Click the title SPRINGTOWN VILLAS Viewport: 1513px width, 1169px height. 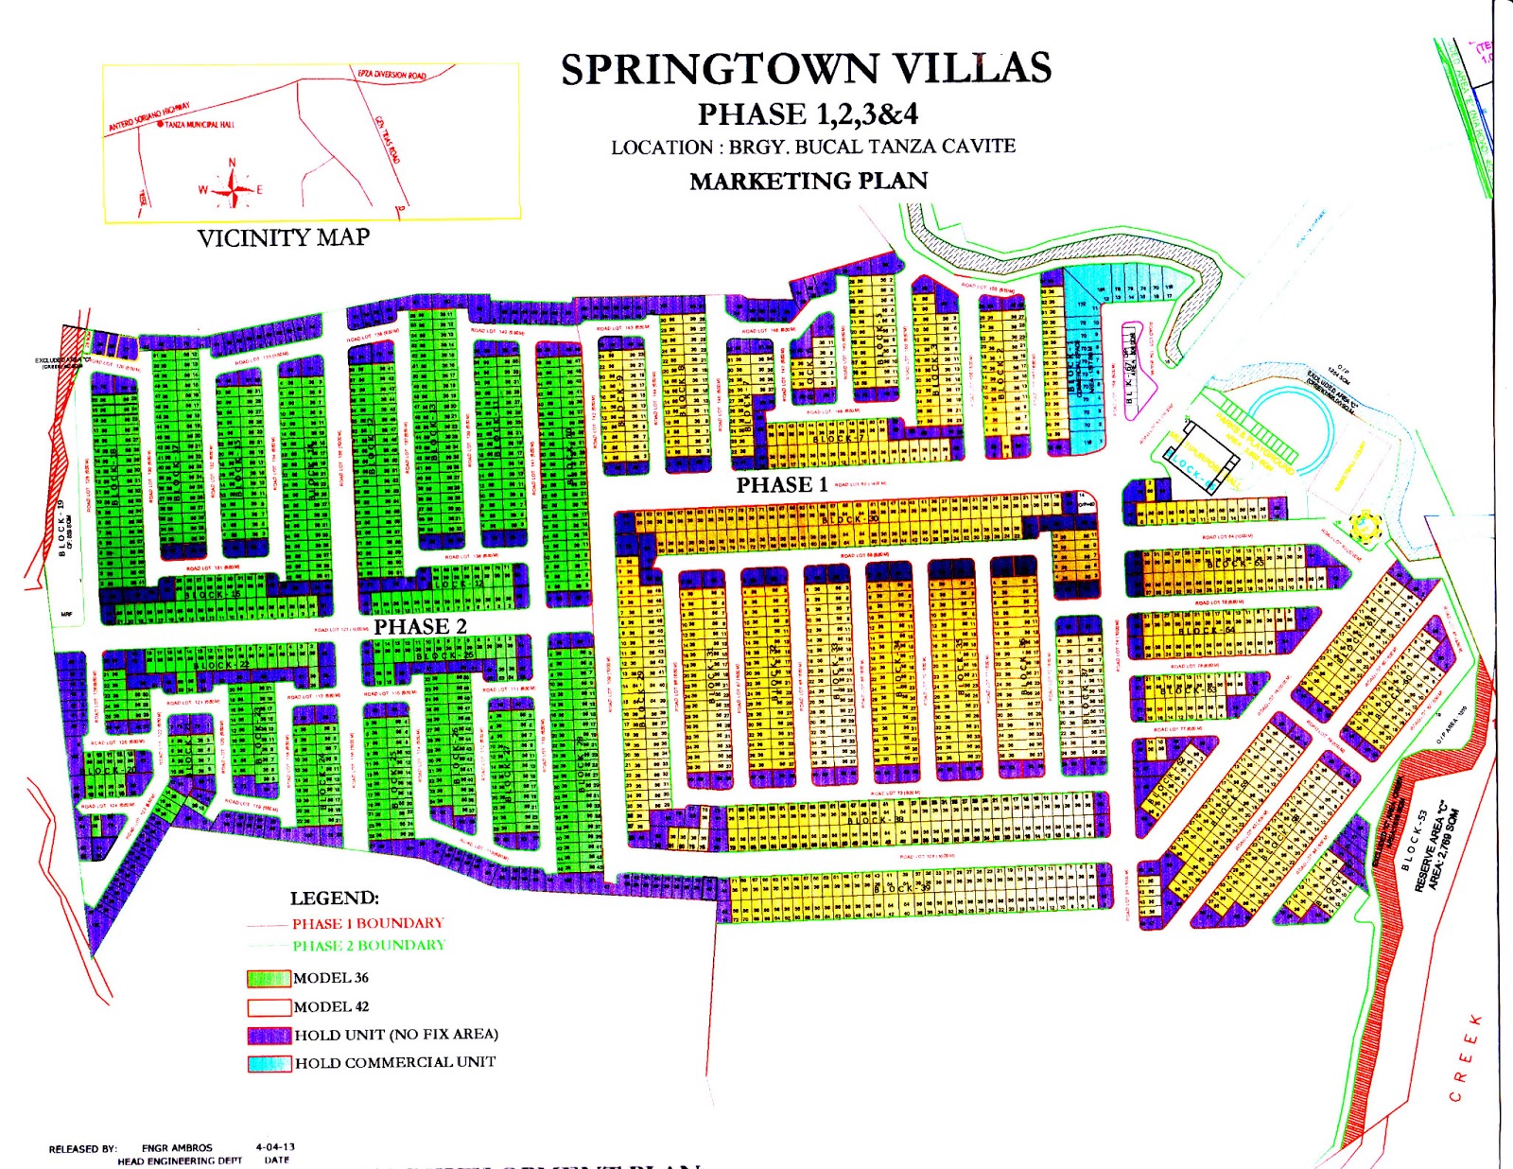806,69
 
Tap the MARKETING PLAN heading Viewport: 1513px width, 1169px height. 809,181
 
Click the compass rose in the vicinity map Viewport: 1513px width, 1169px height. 232,187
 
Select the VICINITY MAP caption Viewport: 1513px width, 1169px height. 283,237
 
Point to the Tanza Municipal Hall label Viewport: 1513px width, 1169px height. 199,125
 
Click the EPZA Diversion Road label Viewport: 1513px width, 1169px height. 391,75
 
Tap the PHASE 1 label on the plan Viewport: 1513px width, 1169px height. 782,485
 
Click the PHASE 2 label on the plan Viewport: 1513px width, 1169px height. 420,627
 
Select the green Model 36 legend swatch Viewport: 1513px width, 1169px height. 269,978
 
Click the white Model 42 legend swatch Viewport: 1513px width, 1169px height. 269,1007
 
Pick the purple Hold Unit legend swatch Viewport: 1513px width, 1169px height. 269,1035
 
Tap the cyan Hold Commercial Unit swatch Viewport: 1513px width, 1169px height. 269,1063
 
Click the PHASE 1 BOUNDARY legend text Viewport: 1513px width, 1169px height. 367,923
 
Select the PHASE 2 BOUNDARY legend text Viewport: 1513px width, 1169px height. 368,945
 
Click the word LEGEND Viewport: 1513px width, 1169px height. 334,899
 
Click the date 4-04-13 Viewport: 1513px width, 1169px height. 275,1147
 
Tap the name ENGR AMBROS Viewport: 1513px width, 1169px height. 177,1148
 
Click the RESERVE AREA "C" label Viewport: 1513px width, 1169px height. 1434,851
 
